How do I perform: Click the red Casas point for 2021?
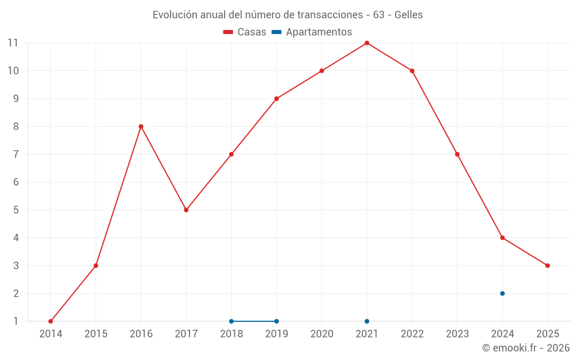point(367,43)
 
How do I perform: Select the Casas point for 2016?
point(141,127)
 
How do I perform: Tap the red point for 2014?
point(51,321)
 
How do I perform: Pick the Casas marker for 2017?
point(186,210)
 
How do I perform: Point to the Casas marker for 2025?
point(548,266)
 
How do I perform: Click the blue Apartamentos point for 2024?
point(502,293)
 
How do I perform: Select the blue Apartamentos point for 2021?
point(367,321)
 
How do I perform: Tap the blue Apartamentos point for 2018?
point(232,321)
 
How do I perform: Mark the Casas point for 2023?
point(457,154)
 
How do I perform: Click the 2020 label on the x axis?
point(322,334)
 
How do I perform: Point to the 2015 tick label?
point(96,334)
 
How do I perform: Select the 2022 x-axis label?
point(412,334)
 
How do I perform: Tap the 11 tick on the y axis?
point(13,43)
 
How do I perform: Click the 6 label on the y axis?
point(16,182)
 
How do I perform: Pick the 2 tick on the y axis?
point(16,293)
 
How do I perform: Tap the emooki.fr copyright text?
point(526,348)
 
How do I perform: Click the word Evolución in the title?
point(173,15)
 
